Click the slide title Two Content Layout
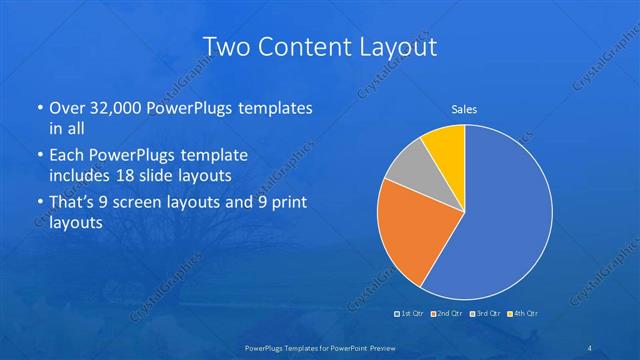320,46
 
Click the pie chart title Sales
464,109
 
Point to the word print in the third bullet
288,203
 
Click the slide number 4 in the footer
590,347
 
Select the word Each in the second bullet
67,156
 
